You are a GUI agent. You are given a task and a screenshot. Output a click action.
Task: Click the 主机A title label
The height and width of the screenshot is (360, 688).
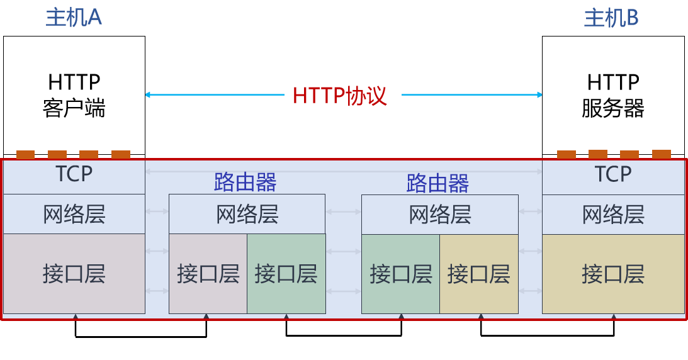[74, 18]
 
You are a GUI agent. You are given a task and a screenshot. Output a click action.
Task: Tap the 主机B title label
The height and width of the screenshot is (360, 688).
[612, 18]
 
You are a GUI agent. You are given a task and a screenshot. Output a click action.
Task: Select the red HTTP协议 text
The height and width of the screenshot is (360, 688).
[340, 96]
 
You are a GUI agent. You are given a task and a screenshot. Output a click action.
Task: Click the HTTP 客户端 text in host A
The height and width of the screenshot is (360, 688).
[74, 95]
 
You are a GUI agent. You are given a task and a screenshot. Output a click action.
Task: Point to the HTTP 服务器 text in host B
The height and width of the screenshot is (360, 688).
[613, 95]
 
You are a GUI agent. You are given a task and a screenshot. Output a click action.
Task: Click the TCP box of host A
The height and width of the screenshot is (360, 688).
[74, 176]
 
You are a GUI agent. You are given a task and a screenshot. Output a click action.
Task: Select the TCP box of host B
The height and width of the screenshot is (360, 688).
[613, 176]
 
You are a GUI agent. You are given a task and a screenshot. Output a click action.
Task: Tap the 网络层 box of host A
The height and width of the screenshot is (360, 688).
[74, 215]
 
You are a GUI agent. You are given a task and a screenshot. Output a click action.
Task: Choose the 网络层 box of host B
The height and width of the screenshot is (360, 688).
[613, 215]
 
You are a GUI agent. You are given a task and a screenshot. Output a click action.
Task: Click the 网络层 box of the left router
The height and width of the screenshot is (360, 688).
[247, 215]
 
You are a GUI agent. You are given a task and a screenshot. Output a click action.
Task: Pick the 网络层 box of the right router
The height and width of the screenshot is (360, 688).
[440, 215]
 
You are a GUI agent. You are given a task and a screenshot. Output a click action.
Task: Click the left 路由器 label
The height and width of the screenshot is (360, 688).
[245, 183]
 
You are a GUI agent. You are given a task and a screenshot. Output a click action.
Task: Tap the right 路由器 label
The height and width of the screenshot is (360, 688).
[438, 183]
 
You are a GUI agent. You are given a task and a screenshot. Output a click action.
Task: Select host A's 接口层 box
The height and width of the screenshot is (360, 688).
[74, 274]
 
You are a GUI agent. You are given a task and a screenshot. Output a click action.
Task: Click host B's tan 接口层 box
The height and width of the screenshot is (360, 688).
[613, 274]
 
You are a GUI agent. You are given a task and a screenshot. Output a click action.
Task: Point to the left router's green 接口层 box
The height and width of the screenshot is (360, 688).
[286, 274]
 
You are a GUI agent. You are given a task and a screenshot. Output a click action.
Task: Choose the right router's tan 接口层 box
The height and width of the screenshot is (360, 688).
[478, 274]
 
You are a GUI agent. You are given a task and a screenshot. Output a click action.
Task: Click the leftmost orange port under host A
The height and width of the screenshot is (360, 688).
[26, 154]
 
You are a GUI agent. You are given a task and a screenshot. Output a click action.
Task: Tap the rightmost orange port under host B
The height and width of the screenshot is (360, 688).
[662, 154]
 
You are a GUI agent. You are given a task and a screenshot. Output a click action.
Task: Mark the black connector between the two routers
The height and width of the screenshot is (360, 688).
[344, 335]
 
